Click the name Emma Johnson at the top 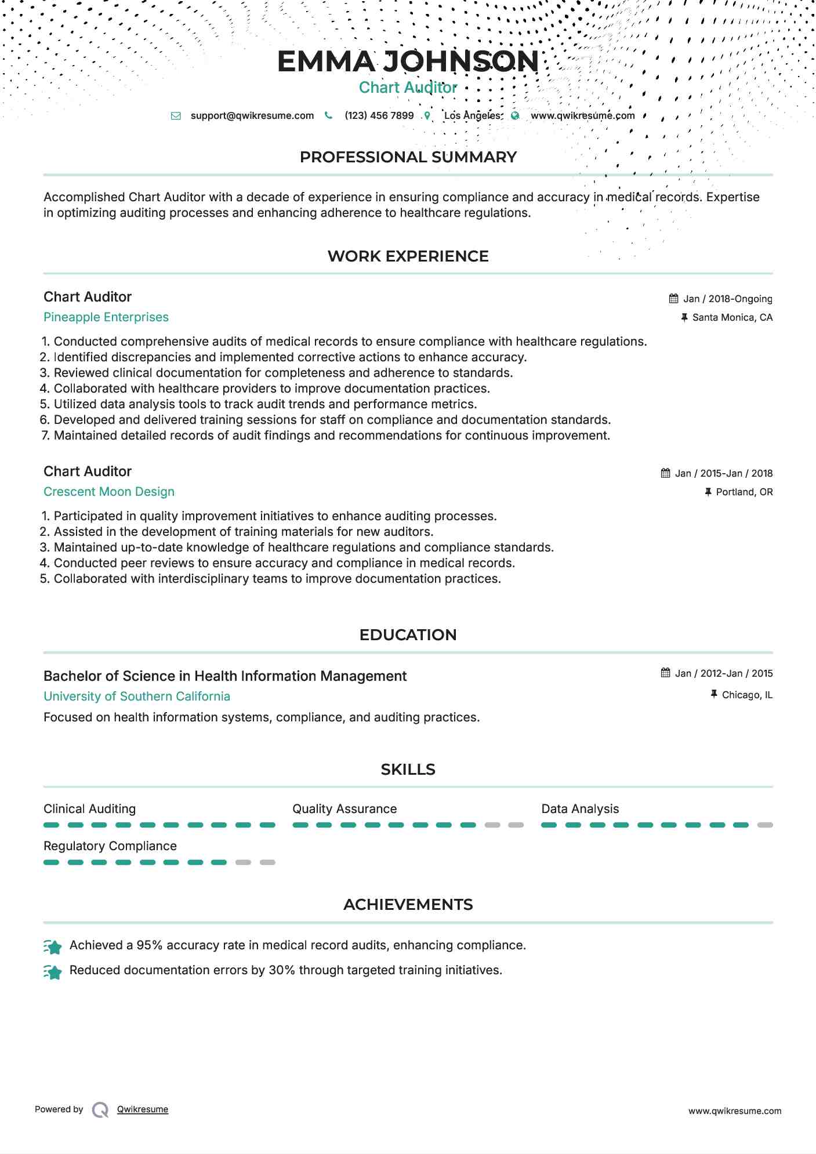408,61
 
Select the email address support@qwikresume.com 252,115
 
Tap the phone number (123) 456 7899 379,115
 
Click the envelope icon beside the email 176,116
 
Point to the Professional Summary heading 408,157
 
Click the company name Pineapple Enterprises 106,317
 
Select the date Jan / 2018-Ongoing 727,299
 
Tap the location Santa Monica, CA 732,318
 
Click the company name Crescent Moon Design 109,492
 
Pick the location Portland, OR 744,492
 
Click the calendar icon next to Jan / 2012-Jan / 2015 666,673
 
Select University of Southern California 137,696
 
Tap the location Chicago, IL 747,695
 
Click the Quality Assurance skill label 344,809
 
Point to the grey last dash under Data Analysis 765,825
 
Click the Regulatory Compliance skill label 110,846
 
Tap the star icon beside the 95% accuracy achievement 53,947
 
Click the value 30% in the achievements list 282,970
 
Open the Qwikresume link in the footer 143,1109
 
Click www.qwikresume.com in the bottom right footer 734,1111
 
